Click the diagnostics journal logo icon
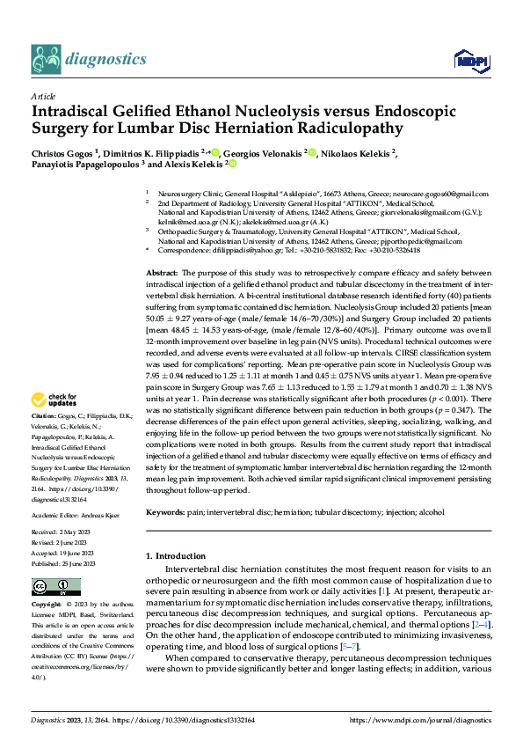click(x=46, y=59)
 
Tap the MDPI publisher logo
click(x=467, y=60)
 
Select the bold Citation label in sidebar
click(x=43, y=415)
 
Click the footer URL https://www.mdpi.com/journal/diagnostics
click(x=418, y=720)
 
